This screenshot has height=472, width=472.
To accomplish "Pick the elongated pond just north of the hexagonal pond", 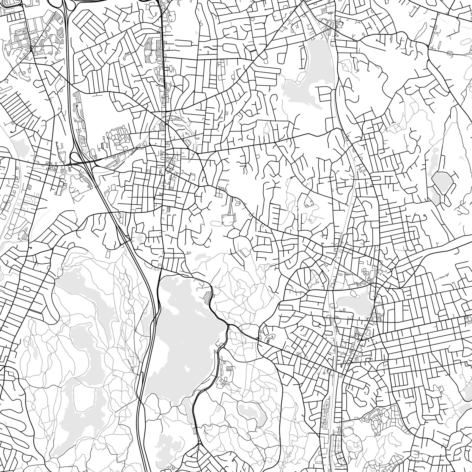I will click(433, 155).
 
